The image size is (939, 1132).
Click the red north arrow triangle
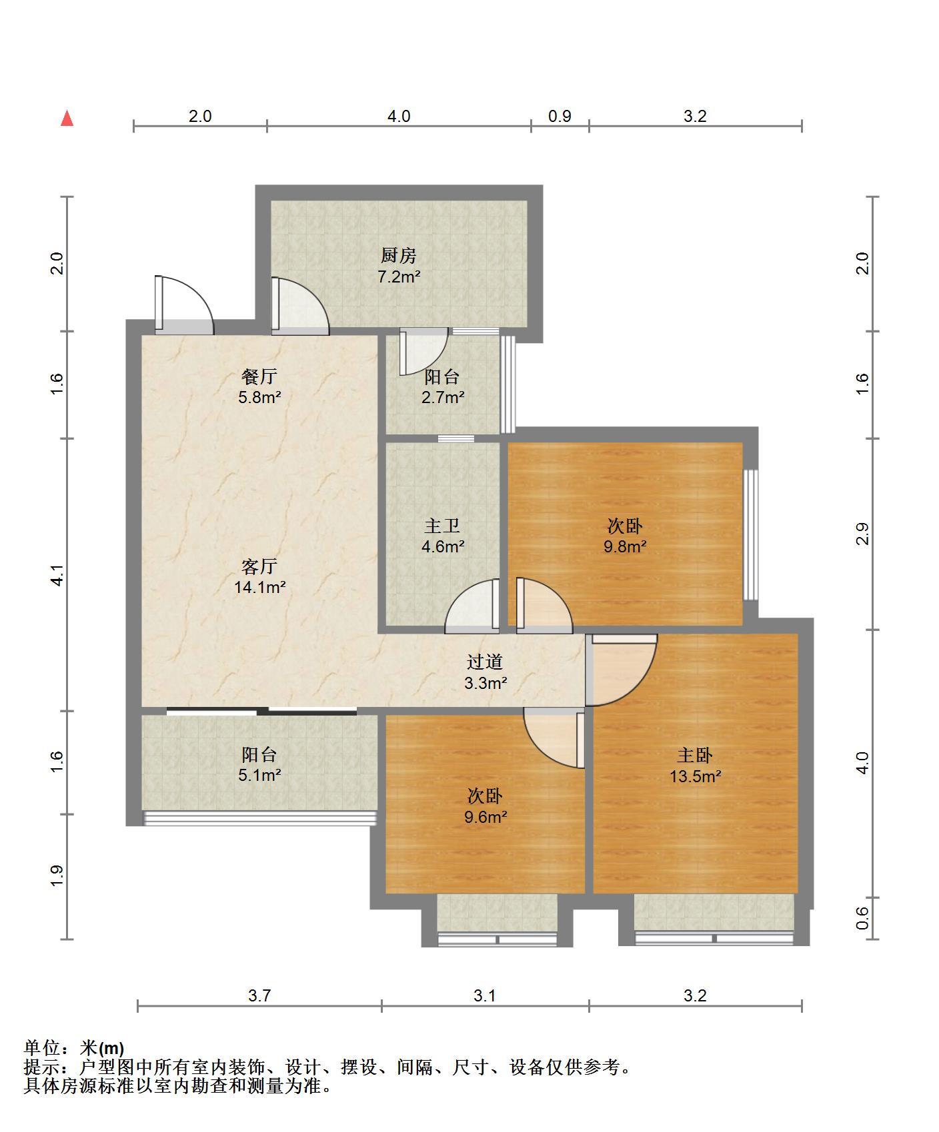point(67,119)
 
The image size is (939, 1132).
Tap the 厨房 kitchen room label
point(399,255)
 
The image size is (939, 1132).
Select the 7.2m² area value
point(399,277)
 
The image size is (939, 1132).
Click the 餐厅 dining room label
point(259,376)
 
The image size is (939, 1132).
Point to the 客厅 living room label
point(259,566)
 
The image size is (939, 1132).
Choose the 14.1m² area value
point(259,588)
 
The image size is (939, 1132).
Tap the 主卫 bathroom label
point(442,526)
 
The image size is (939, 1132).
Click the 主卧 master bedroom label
point(695,755)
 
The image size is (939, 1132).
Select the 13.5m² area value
point(695,776)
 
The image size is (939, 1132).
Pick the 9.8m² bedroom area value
point(625,547)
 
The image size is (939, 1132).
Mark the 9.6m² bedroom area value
point(485,817)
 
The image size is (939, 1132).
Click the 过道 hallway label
point(485,662)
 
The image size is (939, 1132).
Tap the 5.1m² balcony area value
point(259,776)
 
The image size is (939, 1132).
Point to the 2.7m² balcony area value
point(442,398)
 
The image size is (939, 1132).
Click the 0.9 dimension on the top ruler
point(560,116)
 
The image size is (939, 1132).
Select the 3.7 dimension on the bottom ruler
point(259,995)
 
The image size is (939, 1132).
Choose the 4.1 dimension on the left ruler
point(57,575)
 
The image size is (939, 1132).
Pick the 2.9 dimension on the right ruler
point(863,534)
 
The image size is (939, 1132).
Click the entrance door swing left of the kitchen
point(184,304)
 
